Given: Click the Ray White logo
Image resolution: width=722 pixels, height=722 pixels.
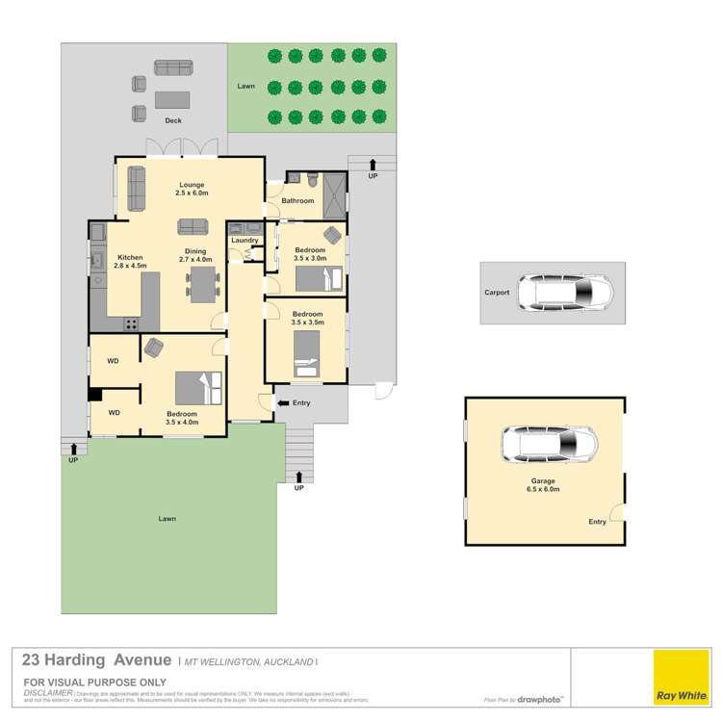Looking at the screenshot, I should click(x=682, y=679).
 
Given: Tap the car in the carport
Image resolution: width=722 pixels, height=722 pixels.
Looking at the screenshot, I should click(x=564, y=293).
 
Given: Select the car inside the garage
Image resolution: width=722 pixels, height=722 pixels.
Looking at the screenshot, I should click(x=549, y=444).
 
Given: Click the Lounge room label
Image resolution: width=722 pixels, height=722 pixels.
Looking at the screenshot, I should click(x=190, y=189).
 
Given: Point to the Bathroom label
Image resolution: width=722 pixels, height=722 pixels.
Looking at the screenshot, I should click(x=297, y=201).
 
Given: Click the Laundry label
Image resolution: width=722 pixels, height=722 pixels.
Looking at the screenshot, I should click(x=245, y=241).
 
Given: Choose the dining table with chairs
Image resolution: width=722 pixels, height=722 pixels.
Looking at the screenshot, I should click(x=203, y=284).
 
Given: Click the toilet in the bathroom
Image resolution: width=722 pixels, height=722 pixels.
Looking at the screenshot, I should click(x=311, y=179).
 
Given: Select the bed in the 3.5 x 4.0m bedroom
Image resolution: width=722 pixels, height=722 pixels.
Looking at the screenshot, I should click(x=199, y=388).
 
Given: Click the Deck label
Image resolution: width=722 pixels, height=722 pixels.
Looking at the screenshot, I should click(x=173, y=120).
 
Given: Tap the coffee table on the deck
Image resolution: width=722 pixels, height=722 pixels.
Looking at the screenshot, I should click(x=173, y=98).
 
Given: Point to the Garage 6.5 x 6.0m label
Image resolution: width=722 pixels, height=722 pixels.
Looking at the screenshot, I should click(x=544, y=484).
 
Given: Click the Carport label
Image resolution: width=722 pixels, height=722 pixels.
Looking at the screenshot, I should click(x=497, y=293).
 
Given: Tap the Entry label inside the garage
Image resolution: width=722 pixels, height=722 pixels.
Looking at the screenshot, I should click(x=598, y=522).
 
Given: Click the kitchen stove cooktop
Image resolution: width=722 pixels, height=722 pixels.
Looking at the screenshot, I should click(x=129, y=323).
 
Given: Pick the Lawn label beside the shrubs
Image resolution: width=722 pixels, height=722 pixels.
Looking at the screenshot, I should click(x=246, y=87).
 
